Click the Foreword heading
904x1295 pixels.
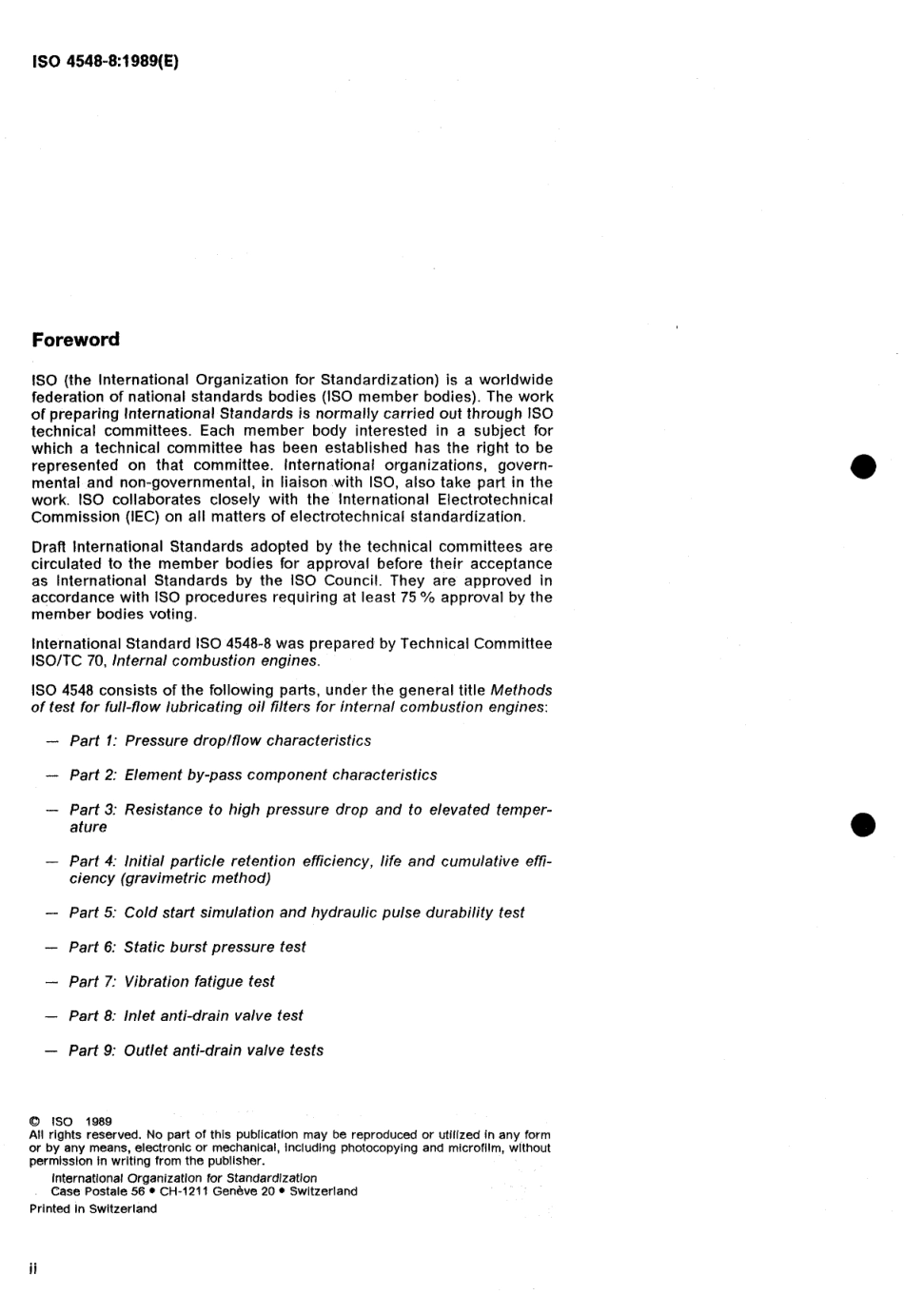75,340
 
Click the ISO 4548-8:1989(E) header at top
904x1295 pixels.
105,62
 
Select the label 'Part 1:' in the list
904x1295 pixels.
93,740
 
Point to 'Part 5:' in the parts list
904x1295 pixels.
93,912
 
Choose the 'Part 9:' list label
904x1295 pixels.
93,1050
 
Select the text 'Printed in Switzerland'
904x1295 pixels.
93,1208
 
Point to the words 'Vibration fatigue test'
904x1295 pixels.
199,981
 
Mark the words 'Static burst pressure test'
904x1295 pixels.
215,947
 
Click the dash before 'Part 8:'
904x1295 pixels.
51,1016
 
